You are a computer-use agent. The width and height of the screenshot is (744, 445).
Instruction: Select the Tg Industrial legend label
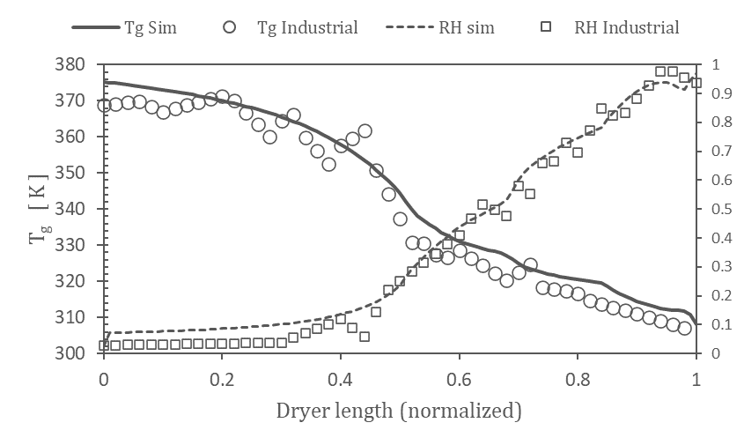(307, 27)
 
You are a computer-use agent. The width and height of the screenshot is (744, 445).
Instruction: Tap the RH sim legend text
(466, 27)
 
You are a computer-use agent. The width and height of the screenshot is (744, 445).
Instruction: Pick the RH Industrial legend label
(626, 27)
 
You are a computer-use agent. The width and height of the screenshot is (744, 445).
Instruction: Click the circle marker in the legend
(230, 27)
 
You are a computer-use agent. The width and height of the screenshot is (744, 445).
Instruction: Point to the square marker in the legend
(546, 27)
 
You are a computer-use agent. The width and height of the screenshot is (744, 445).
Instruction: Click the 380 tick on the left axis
(77, 64)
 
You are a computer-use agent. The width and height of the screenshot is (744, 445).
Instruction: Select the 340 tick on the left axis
(77, 209)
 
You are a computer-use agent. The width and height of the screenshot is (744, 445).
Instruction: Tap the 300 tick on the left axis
(77, 353)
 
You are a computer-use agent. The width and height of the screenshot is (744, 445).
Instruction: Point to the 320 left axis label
(77, 281)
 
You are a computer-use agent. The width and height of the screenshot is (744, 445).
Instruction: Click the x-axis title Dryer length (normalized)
(399, 411)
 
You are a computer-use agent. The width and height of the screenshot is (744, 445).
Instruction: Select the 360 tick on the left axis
(77, 137)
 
